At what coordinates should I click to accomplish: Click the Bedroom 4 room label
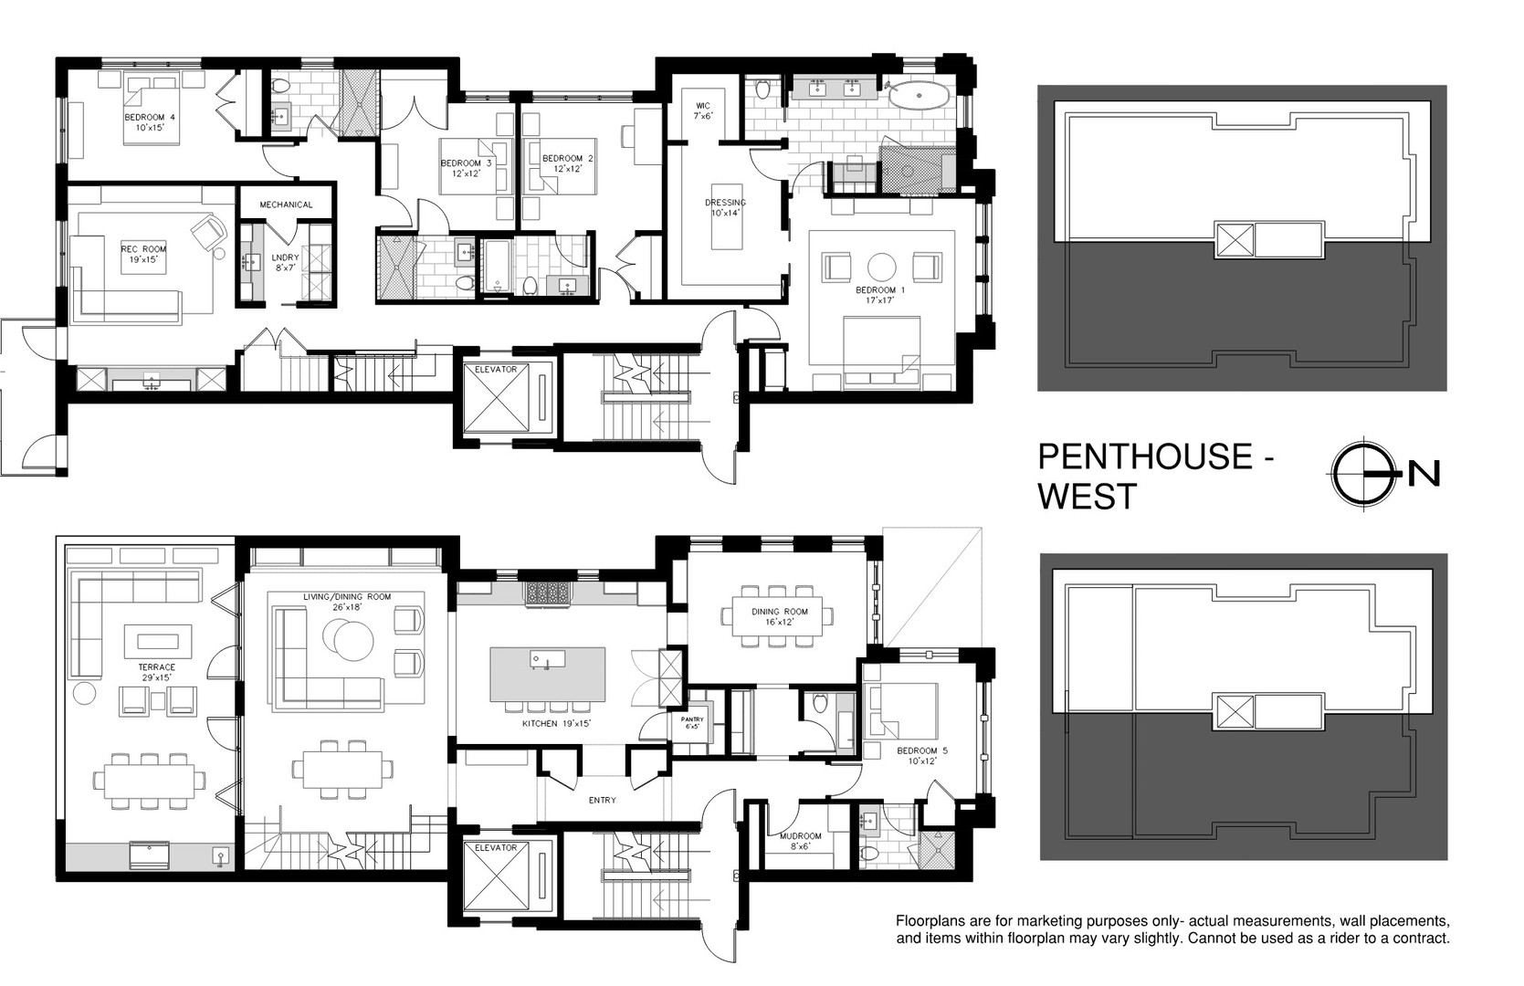click(150, 121)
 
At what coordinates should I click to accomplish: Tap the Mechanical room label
click(286, 205)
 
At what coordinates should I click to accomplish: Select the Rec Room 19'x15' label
click(143, 254)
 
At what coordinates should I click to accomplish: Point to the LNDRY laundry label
click(285, 262)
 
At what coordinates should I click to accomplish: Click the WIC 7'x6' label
click(703, 110)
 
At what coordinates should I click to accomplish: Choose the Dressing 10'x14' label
click(725, 207)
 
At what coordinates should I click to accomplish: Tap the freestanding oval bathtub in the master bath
click(919, 96)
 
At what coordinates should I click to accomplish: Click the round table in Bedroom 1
click(882, 267)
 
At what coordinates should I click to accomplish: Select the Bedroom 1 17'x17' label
click(879, 295)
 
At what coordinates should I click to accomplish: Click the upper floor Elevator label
click(496, 370)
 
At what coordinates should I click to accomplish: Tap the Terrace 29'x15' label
click(156, 672)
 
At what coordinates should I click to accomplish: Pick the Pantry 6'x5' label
click(693, 723)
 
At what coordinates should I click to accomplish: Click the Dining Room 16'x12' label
click(780, 616)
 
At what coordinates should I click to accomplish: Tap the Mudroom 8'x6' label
click(801, 840)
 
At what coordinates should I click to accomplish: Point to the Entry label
click(602, 801)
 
